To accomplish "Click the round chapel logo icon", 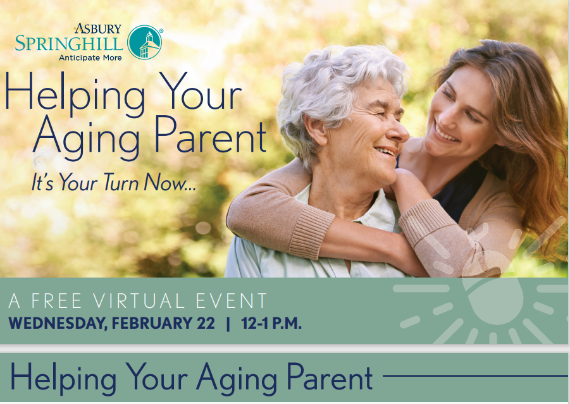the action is [x=144, y=42].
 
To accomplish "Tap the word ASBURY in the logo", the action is [x=98, y=28].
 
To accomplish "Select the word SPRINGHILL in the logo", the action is [x=69, y=43].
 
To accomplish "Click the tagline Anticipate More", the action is [x=90, y=58].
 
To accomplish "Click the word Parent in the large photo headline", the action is [x=211, y=135].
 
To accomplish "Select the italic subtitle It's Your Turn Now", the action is [x=114, y=182].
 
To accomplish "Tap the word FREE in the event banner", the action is [x=56, y=301].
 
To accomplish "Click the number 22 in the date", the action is [x=206, y=323].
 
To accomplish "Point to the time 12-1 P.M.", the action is [x=271, y=323].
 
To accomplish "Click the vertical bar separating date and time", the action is [x=228, y=324].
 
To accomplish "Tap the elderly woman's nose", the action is [x=399, y=132].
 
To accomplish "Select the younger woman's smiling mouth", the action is [x=445, y=133].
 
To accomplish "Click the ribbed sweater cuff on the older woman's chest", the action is [x=311, y=233].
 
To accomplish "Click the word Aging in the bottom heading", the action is [x=237, y=379].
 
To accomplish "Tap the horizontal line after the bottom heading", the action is [x=475, y=376].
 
